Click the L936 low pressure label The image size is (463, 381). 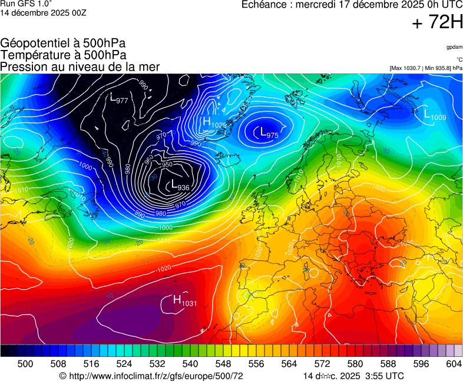click(x=178, y=186)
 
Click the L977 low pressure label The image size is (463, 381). click(x=120, y=99)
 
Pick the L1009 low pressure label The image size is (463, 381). click(x=435, y=116)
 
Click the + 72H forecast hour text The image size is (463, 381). click(x=438, y=24)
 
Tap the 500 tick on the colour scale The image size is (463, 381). click(x=25, y=364)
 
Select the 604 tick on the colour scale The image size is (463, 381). click(x=454, y=364)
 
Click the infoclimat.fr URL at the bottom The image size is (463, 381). click(x=151, y=376)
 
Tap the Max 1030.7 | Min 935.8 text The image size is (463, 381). click(x=425, y=68)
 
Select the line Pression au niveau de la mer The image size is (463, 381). click(x=80, y=66)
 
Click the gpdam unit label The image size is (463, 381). click(x=454, y=47)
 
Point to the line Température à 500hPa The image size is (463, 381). click(x=64, y=55)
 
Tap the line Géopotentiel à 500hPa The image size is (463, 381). click(x=63, y=44)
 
